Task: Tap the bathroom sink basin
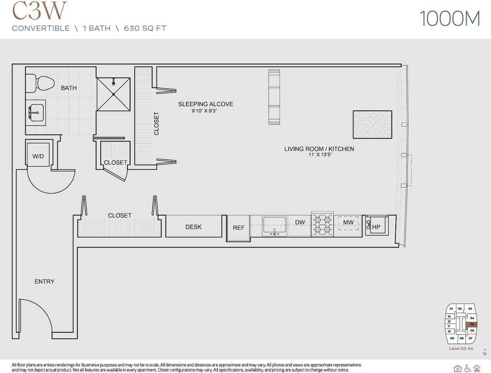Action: coord(36,112)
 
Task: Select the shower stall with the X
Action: coord(113,94)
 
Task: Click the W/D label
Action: coord(38,156)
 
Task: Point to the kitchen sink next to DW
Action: coord(275,225)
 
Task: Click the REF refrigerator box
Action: coord(239,228)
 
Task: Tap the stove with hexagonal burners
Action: coord(322,225)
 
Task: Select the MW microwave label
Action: coord(348,222)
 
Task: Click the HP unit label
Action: coord(376,227)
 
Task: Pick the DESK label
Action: coord(193,227)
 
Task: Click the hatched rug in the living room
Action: coord(372,125)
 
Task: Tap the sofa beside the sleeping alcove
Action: coord(274,97)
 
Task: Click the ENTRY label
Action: coord(44,281)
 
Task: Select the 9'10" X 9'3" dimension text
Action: coord(204,111)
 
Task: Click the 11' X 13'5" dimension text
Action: coord(319,155)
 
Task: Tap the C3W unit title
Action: coord(39,11)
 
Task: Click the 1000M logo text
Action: coord(450,19)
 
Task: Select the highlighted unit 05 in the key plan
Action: coord(472,324)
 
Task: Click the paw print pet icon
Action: coord(477,368)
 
